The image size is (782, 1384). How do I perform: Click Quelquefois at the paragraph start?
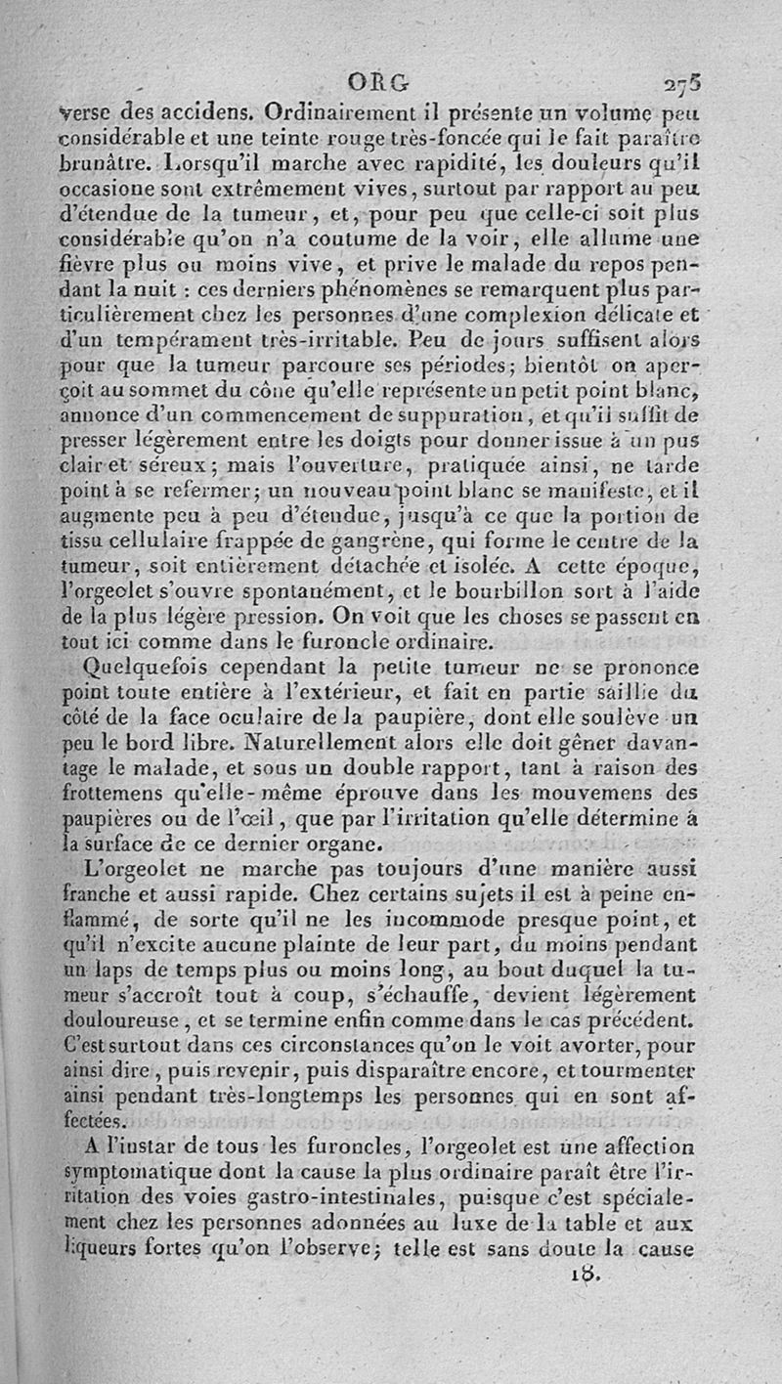tap(143, 670)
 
